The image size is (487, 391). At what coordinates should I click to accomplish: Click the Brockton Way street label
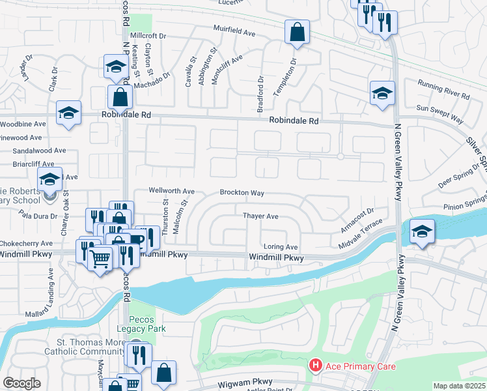click(x=242, y=193)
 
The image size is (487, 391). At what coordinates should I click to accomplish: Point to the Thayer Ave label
click(x=260, y=216)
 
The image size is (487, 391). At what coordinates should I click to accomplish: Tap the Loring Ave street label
click(x=281, y=247)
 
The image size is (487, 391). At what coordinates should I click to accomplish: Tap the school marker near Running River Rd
click(x=382, y=94)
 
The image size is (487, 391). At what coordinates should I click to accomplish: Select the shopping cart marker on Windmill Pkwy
click(x=100, y=260)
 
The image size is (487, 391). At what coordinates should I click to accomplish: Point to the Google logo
click(x=21, y=383)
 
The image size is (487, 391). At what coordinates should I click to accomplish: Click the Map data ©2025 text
click(x=459, y=386)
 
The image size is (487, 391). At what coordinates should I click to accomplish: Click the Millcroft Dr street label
click(x=149, y=35)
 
